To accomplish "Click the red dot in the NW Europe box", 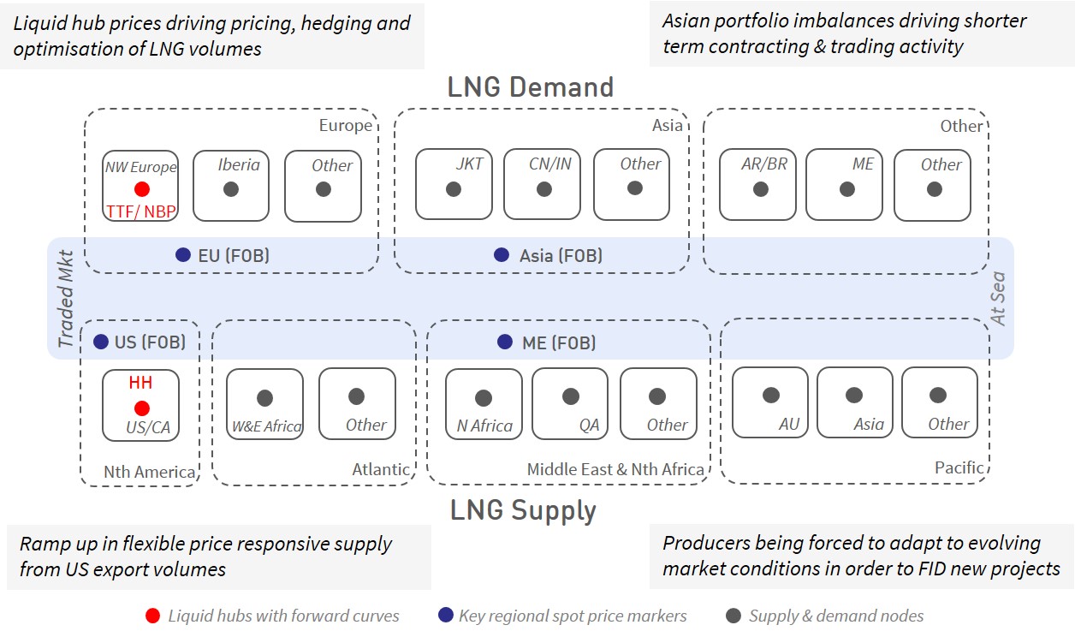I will (142, 189).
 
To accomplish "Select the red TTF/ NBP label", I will (140, 211).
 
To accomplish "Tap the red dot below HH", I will (141, 408).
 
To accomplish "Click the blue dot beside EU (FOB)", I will (182, 255).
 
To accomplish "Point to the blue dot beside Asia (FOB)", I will (502, 255).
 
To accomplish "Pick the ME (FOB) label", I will (559, 342).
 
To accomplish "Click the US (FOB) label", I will (150, 342).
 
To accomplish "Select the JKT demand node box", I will (454, 184).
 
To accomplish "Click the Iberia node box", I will (231, 186).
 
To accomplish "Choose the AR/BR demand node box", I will (758, 184).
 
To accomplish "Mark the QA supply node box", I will (571, 403).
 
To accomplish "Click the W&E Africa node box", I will (264, 403).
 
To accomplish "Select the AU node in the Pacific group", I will (770, 402).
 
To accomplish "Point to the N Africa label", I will (484, 426).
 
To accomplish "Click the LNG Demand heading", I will (531, 87).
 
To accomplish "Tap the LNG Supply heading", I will (523, 510).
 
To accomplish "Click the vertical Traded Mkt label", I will (66, 299).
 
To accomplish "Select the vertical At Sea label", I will (998, 299).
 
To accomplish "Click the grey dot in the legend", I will (733, 616).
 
